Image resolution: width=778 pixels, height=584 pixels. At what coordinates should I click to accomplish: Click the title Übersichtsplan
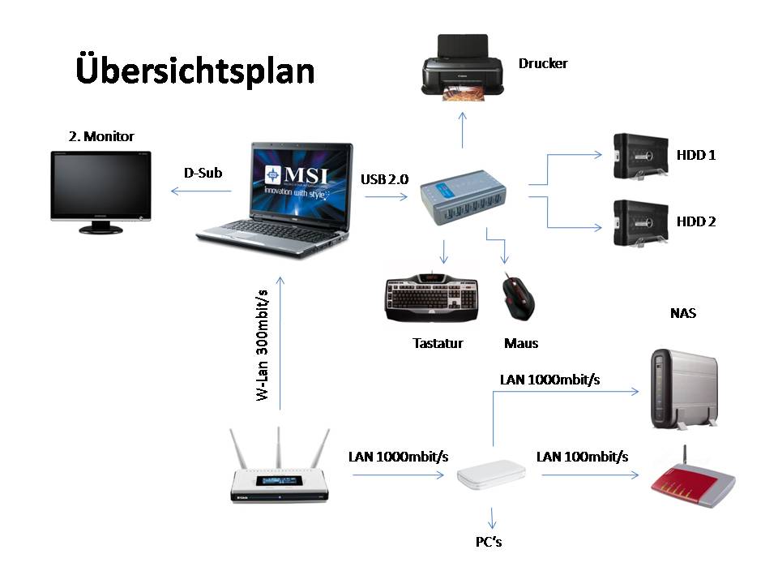point(194,71)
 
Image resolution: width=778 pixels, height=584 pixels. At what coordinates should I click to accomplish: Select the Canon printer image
point(463,68)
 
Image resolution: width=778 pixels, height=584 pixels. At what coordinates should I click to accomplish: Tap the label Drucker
point(543,63)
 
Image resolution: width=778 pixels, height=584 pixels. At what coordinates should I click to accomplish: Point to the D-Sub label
point(203,173)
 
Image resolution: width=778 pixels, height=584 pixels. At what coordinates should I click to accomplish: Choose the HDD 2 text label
point(695,221)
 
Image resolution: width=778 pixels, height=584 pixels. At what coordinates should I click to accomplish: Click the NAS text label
point(683,313)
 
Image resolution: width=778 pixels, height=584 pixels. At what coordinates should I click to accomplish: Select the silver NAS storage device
point(683,388)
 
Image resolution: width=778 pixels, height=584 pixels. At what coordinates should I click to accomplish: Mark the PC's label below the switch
point(489,541)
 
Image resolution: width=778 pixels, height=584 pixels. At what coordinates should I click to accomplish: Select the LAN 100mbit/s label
point(582,457)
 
